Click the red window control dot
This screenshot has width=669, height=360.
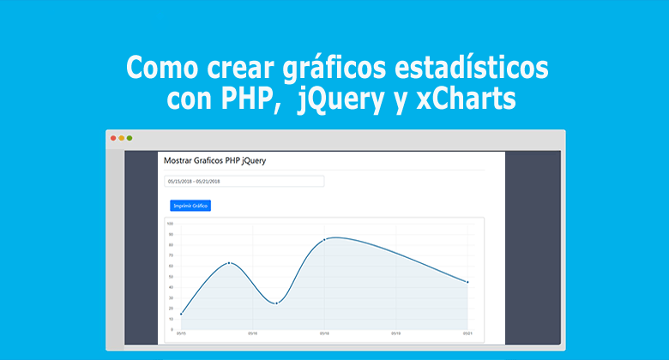pyautogui.click(x=113, y=138)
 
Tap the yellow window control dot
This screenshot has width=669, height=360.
pyautogui.click(x=121, y=138)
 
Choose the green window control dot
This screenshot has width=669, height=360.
pyautogui.click(x=130, y=138)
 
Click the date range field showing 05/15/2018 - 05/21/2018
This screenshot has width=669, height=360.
pyautogui.click(x=244, y=182)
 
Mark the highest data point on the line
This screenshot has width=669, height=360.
pyautogui.click(x=324, y=240)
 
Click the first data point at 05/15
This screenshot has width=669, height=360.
pyautogui.click(x=181, y=314)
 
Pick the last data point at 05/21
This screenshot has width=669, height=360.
pyautogui.click(x=467, y=282)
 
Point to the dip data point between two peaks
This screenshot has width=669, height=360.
pyautogui.click(x=276, y=303)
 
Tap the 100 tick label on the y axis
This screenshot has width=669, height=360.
pyautogui.click(x=170, y=224)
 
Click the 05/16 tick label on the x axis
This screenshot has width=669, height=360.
pyautogui.click(x=252, y=333)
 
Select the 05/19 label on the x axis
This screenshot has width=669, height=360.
pyautogui.click(x=395, y=333)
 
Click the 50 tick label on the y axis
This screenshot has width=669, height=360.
pyautogui.click(x=171, y=277)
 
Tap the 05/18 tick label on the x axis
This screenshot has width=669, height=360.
pyautogui.click(x=324, y=333)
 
